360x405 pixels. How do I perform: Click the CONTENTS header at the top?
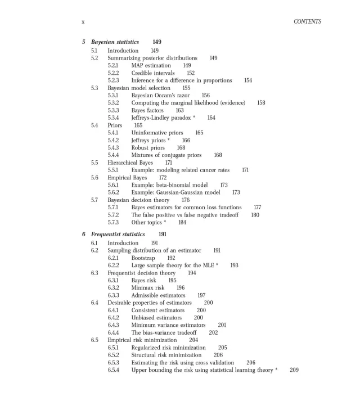coord(307,21)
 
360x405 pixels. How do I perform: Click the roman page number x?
coord(83,21)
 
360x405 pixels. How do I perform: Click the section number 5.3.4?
coord(113,118)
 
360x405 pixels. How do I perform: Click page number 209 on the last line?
coord(294,370)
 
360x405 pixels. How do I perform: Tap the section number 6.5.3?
coord(113,363)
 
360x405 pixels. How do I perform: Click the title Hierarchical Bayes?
coord(130,163)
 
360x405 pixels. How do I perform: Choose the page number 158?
coord(261,103)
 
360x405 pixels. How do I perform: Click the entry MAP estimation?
coord(151,65)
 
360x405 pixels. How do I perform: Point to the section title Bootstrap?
coord(143,258)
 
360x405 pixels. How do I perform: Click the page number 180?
coord(255,215)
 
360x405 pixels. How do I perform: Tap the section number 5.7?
coord(94,200)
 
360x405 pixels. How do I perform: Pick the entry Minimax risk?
coord(148,287)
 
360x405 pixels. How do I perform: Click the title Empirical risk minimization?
coord(145,340)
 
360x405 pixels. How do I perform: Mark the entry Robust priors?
coord(148,147)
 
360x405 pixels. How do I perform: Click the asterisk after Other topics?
coord(165,222)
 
